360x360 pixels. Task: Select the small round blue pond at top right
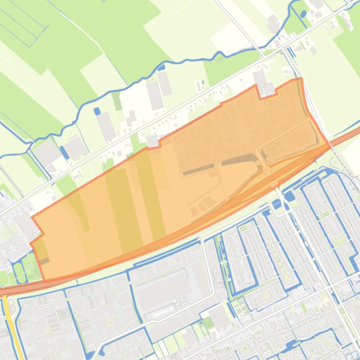pyautogui.click(x=303, y=14)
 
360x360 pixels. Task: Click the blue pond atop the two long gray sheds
pyautogui.click(x=161, y=67)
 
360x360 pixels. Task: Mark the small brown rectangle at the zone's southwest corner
pyautogui.click(x=44, y=261)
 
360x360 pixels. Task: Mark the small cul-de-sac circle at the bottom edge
pyautogui.click(x=138, y=345)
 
